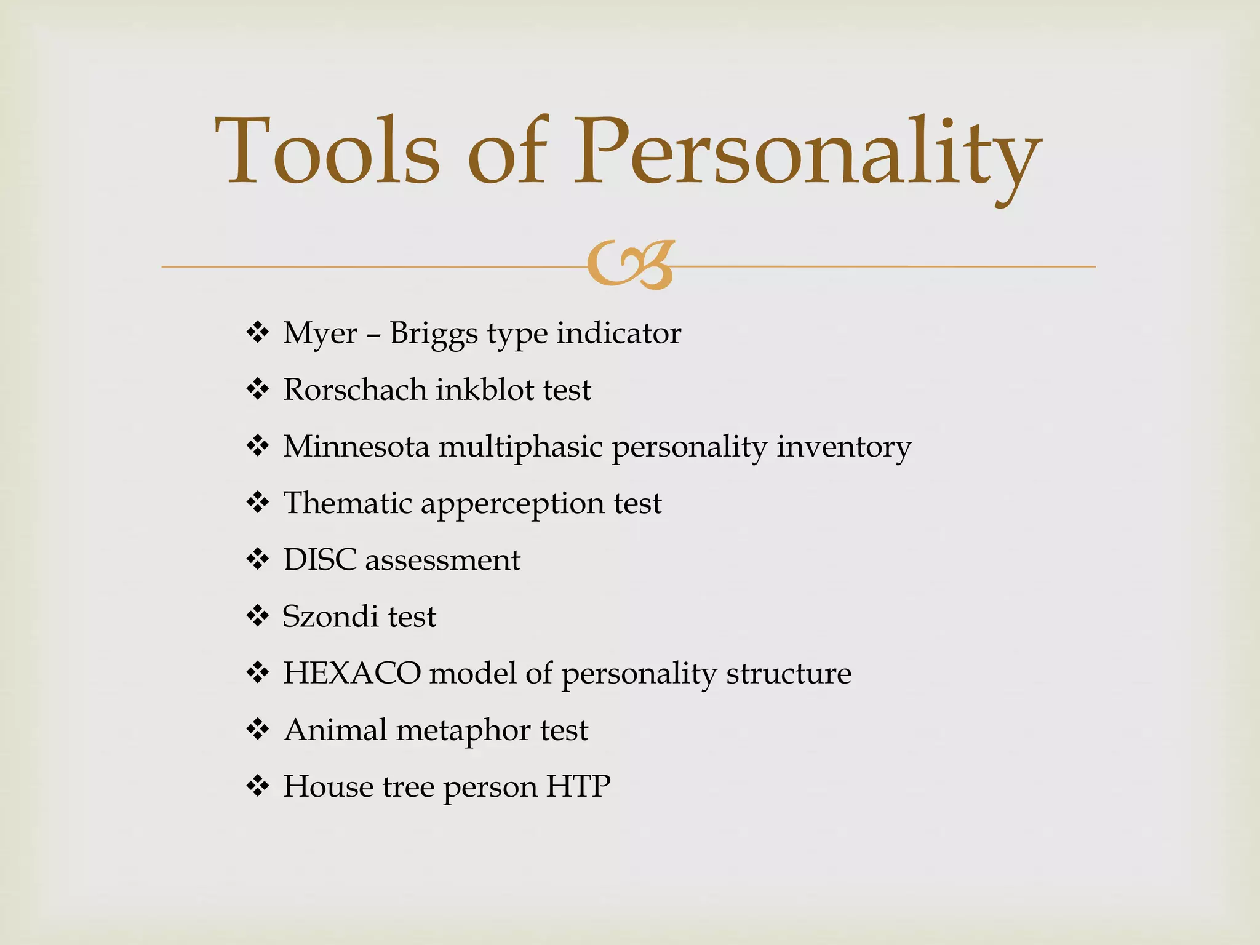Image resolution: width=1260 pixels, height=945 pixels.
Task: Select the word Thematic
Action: click(348, 503)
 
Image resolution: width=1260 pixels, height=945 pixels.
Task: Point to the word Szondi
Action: click(330, 616)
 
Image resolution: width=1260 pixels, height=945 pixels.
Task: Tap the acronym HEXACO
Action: click(352, 673)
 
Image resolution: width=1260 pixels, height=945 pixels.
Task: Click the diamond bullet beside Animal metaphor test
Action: click(258, 730)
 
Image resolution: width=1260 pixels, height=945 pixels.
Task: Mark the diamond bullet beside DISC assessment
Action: click(258, 560)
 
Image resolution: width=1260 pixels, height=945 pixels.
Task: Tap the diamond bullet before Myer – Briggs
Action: click(258, 333)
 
